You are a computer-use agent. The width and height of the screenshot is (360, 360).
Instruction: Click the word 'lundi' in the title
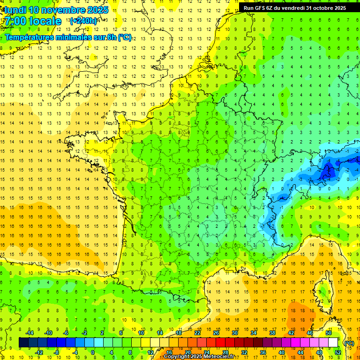click(15, 10)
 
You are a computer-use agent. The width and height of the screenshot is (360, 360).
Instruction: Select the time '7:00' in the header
click(15, 21)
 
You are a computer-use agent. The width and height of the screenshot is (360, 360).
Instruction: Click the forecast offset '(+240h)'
click(83, 21)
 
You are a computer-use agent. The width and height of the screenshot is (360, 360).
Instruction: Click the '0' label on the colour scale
click(93, 352)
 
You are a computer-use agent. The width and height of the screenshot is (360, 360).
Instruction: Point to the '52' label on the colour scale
click(337, 352)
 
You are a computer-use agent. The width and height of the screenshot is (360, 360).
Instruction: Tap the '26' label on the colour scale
click(216, 332)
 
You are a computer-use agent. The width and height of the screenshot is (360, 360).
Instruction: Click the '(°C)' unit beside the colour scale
click(349, 343)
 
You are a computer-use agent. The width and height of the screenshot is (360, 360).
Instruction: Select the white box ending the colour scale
click(333, 343)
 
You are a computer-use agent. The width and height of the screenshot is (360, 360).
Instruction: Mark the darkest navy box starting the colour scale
click(23, 343)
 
